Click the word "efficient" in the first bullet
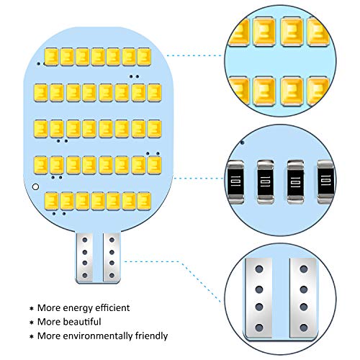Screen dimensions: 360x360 (x=112, y=307)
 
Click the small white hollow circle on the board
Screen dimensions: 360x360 (x=35, y=186)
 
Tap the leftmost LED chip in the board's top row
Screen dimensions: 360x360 (x=51, y=57)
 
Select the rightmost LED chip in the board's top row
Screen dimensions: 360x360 (x=144, y=57)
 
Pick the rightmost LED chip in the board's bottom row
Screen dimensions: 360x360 (x=144, y=201)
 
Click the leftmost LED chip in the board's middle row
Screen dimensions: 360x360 (x=41, y=129)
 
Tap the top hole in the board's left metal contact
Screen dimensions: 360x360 (x=85, y=240)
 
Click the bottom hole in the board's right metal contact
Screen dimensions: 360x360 (x=112, y=275)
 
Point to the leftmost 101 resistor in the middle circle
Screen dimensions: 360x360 (x=235, y=182)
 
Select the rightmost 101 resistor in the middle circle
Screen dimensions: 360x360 (x=326, y=182)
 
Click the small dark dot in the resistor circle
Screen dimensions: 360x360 (x=243, y=143)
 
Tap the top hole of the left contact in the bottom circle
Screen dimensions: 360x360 (x=259, y=269)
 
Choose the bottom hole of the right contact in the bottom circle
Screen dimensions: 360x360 (x=304, y=328)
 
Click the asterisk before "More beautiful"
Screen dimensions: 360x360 (x=32, y=323)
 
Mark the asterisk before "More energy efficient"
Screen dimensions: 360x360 (x=32, y=308)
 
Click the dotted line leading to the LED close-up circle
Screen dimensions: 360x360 (x=195, y=55)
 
